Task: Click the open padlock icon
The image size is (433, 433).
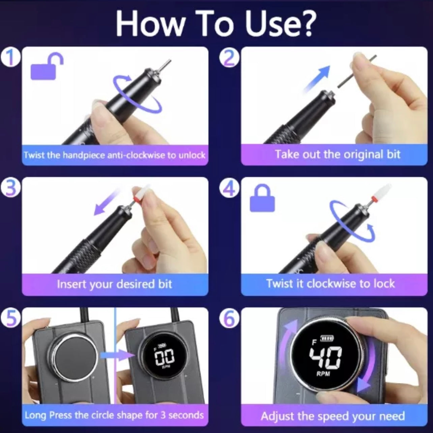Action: coord(47,66)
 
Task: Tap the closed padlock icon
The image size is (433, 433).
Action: coord(262,198)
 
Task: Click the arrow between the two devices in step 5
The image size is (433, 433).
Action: coord(117,355)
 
